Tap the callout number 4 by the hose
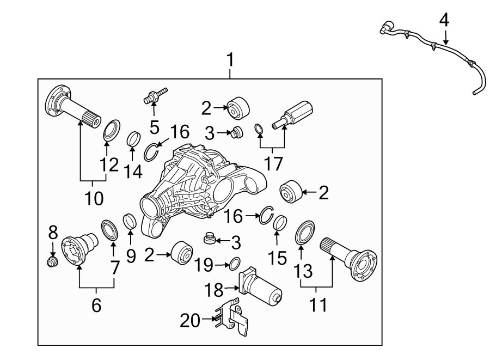point(444,21)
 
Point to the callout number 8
point(53,233)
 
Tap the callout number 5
point(155,127)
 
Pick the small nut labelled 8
point(53,263)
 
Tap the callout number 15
point(278,257)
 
